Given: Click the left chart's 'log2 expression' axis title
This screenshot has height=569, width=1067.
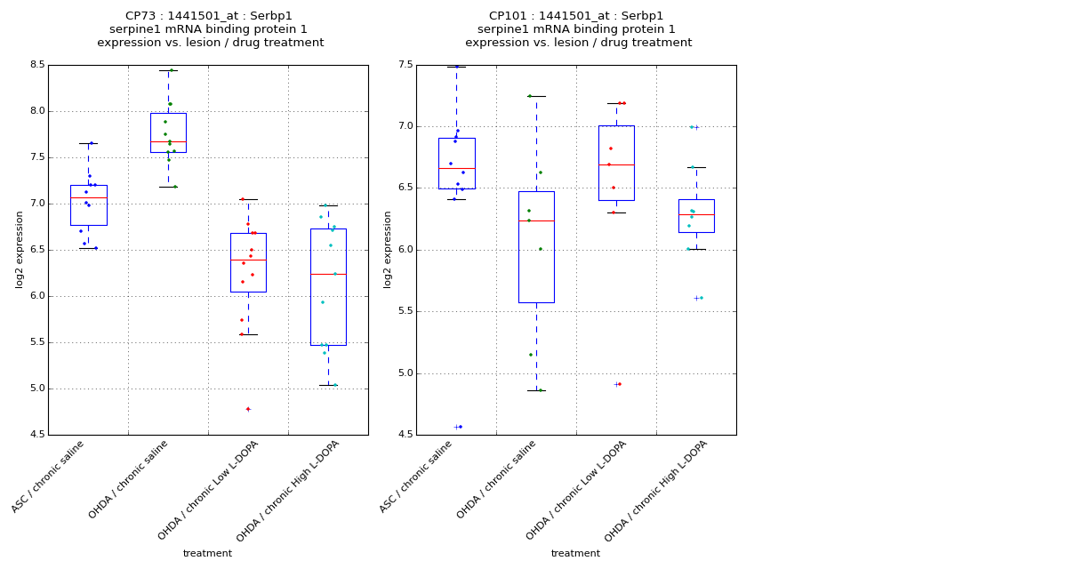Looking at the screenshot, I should (x=20, y=249).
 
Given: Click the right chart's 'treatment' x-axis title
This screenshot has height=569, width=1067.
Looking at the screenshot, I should (x=575, y=554).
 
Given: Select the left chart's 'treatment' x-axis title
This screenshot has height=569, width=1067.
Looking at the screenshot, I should (x=207, y=554).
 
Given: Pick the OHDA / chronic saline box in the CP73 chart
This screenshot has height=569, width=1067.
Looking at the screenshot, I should (x=168, y=132).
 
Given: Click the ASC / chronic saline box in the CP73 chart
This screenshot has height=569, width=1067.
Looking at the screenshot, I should (x=88, y=205).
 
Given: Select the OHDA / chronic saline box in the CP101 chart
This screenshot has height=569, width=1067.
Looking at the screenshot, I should (x=536, y=247).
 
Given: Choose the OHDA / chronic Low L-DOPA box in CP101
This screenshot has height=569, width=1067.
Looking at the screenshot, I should (x=616, y=163).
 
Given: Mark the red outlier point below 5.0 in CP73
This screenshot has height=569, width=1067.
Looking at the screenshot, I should (x=248, y=409).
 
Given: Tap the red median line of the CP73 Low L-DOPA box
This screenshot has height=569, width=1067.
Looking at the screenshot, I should (x=248, y=260).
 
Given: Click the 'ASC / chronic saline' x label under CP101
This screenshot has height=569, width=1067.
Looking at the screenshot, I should (x=416, y=477).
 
